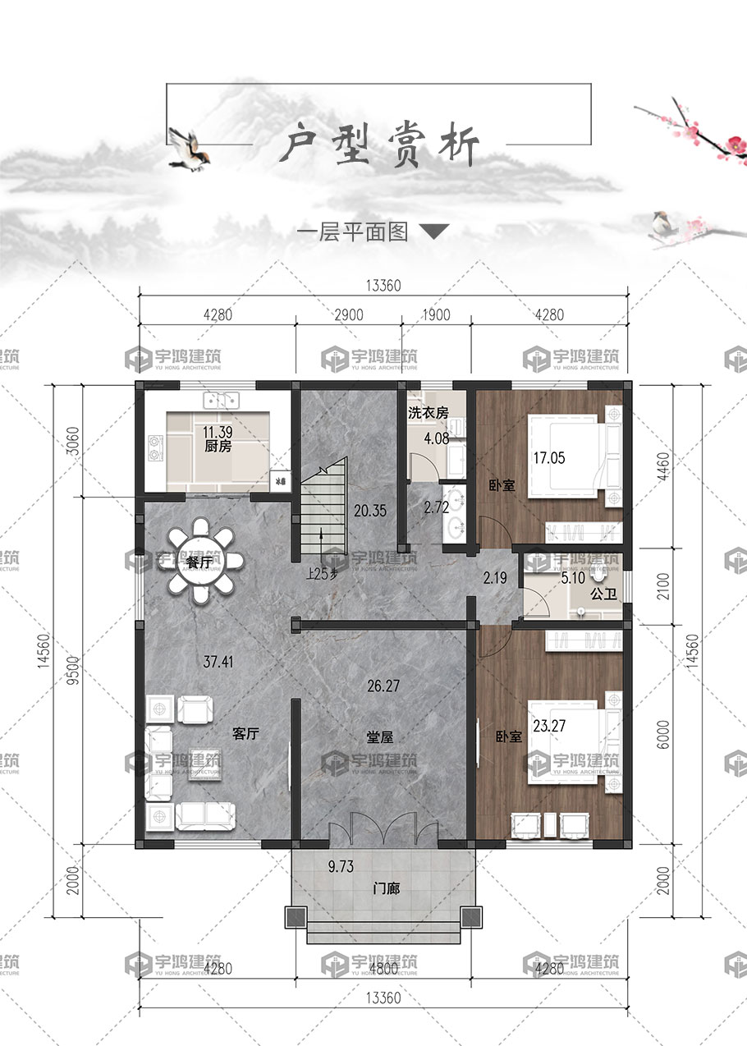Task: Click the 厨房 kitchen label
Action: [218, 447]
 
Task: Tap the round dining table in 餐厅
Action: [200, 561]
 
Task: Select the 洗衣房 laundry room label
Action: [428, 413]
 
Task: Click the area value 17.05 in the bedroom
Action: [549, 457]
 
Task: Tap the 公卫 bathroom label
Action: [603, 594]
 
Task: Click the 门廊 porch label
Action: [387, 888]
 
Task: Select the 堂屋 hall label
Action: [379, 736]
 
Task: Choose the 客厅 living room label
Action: [245, 733]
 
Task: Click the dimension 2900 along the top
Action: [349, 315]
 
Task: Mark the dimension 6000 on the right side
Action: [663, 735]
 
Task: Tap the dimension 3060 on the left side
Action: [73, 441]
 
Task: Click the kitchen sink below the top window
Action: [222, 401]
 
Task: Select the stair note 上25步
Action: [322, 574]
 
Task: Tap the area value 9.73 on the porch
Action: [341, 867]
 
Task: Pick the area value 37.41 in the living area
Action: [218, 661]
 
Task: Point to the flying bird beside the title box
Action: [188, 149]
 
